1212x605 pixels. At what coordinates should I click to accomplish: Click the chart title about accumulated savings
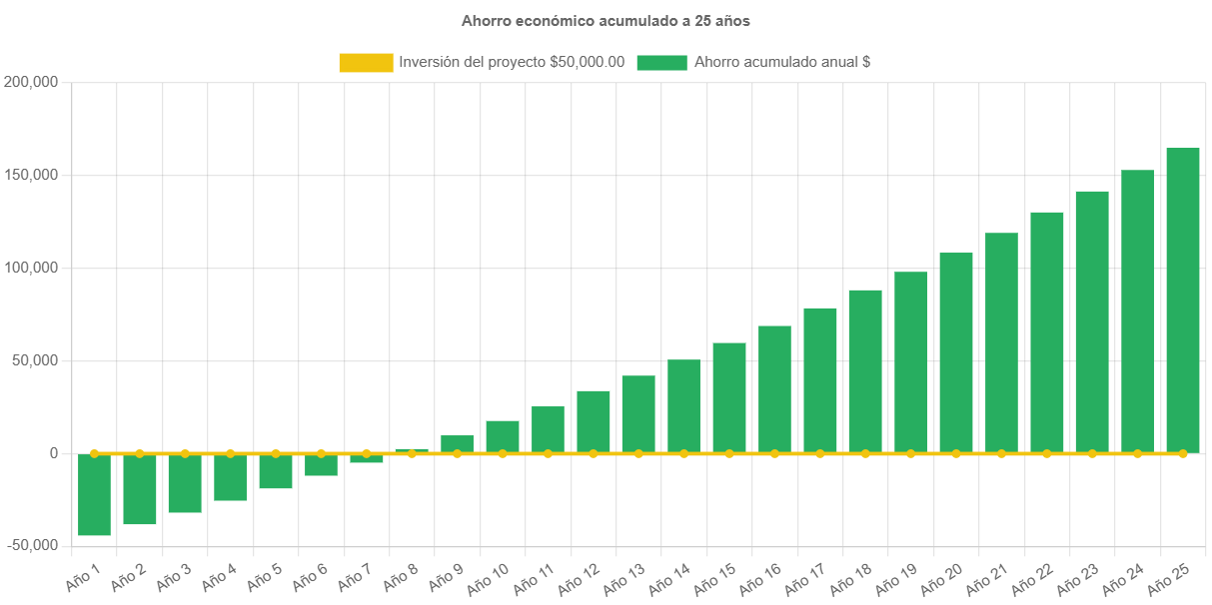pyautogui.click(x=606, y=20)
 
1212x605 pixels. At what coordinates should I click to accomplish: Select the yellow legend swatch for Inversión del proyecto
pyautogui.click(x=366, y=62)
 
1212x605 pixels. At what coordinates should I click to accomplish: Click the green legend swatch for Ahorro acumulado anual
pyautogui.click(x=661, y=62)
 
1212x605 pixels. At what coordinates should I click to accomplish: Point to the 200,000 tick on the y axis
pyautogui.click(x=32, y=82)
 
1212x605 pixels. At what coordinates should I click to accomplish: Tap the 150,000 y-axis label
pyautogui.click(x=32, y=175)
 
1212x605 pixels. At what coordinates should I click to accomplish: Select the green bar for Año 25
pyautogui.click(x=1182, y=300)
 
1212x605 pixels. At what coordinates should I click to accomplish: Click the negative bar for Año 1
pyautogui.click(x=94, y=495)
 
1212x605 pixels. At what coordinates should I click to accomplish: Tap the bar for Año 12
pyautogui.click(x=594, y=421)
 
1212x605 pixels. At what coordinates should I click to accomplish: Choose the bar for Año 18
pyautogui.click(x=865, y=370)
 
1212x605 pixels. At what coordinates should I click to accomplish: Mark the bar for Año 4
pyautogui.click(x=230, y=477)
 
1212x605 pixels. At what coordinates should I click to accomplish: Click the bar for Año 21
pyautogui.click(x=1001, y=342)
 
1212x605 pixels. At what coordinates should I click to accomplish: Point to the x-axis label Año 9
pyautogui.click(x=446, y=576)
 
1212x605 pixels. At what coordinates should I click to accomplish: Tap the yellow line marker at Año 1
pyautogui.click(x=94, y=453)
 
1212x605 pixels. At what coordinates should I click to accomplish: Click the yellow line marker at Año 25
pyautogui.click(x=1182, y=453)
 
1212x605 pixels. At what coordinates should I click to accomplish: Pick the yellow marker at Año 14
pyautogui.click(x=683, y=453)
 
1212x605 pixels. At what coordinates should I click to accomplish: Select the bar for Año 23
pyautogui.click(x=1092, y=321)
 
